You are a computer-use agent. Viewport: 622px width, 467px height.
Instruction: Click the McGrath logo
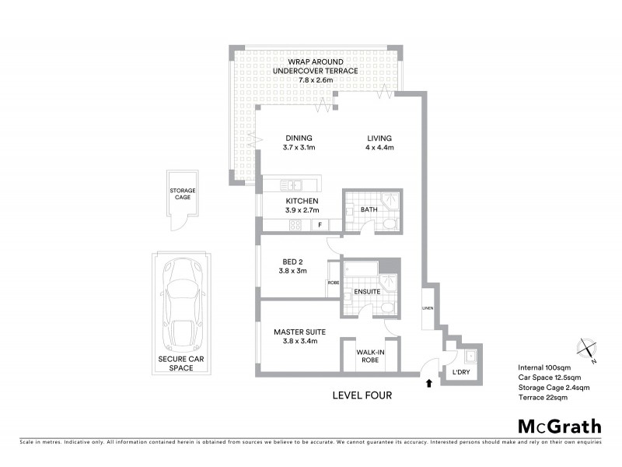pyautogui.click(x=560, y=426)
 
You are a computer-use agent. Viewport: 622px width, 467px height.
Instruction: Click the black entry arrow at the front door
pyautogui.click(x=427, y=382)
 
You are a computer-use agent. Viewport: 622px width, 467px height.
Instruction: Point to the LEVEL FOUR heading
pyautogui.click(x=362, y=395)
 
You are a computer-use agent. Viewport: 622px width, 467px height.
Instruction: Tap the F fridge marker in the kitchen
pyautogui.click(x=319, y=226)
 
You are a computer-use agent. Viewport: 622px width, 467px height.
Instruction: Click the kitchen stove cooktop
pyautogui.click(x=295, y=226)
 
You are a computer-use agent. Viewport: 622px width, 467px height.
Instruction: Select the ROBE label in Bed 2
pyautogui.click(x=333, y=283)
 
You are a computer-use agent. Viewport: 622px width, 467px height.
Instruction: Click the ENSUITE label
pyautogui.click(x=366, y=292)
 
